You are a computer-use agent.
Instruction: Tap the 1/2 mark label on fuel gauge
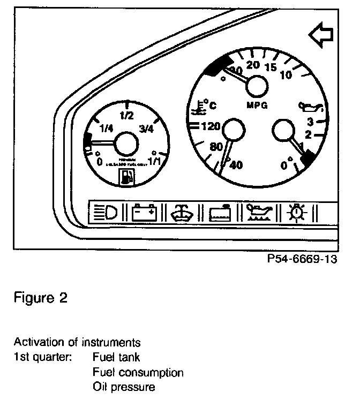click(126, 115)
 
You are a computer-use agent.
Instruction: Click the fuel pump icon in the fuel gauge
click(126, 177)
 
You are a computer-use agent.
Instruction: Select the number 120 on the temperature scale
click(208, 127)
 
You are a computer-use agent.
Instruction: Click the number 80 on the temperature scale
click(216, 147)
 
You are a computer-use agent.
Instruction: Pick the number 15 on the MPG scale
click(271, 67)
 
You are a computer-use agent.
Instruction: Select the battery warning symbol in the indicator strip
click(145, 213)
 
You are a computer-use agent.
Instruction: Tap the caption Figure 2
click(41, 298)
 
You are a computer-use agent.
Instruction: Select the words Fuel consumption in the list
click(138, 372)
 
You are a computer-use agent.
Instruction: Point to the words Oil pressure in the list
click(124, 386)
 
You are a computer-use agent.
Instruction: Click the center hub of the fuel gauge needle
click(126, 145)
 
